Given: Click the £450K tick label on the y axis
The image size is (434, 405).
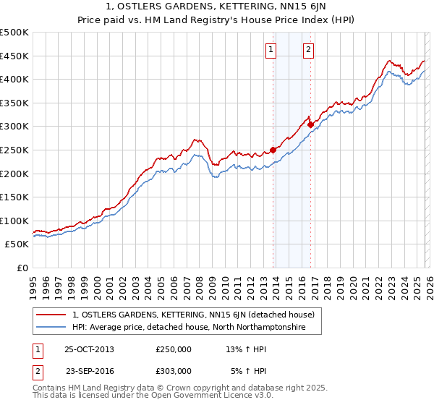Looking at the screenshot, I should (x=14, y=56).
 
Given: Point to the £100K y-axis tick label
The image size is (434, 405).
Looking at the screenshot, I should (x=14, y=221).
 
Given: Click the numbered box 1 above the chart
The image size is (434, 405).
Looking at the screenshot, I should (x=271, y=50).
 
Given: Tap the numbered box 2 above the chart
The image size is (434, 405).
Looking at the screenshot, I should (x=308, y=50).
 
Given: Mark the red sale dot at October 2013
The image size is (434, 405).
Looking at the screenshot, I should (x=273, y=150).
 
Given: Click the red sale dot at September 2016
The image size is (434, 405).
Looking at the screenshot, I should (x=310, y=124).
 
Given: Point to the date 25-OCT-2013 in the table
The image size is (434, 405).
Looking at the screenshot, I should (x=89, y=349).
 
